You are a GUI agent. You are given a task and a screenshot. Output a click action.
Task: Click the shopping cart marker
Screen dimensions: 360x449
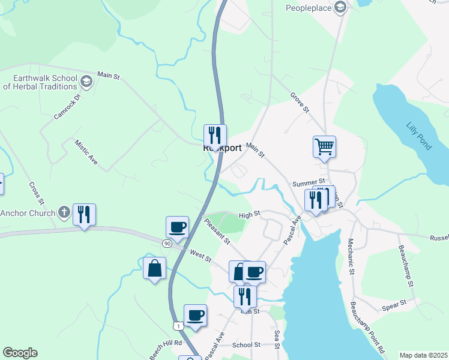point(324,146)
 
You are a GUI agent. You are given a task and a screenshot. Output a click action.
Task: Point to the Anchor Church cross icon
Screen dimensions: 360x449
point(64,212)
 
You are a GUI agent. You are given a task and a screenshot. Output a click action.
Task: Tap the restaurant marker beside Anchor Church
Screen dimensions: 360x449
point(84,214)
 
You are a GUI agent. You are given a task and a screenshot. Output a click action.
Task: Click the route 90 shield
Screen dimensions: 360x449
point(167,243)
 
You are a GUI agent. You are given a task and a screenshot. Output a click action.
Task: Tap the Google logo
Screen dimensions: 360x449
point(20,353)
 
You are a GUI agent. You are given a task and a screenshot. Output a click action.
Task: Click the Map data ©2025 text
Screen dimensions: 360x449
point(423,355)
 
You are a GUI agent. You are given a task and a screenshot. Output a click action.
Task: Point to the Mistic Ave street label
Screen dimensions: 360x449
point(86,152)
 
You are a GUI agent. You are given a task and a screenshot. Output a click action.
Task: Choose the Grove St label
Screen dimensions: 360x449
point(299,103)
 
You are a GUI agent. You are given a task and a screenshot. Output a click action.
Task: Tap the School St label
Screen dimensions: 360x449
point(246,345)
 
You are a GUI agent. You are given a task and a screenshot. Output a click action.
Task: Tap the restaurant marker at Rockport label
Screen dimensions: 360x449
point(214,135)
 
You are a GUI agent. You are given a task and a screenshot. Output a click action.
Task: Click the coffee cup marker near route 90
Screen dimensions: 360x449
point(178,227)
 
